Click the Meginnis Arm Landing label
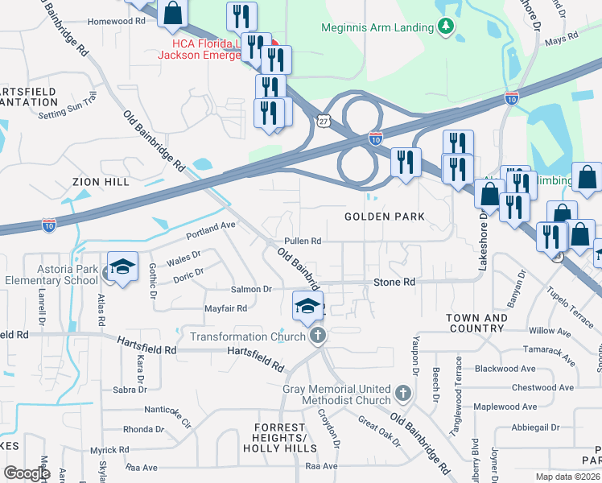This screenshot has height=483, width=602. [x=377, y=27]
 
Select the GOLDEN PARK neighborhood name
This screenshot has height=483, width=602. [x=384, y=217]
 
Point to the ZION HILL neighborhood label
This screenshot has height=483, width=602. [x=101, y=183]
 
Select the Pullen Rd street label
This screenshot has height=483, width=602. [x=303, y=241]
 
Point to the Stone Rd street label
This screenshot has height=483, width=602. [x=394, y=283]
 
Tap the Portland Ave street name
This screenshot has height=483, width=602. [x=210, y=225]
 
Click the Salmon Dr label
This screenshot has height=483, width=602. [x=252, y=289]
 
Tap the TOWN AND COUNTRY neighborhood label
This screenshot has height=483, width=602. [x=476, y=324]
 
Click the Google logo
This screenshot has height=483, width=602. [x=27, y=473]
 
